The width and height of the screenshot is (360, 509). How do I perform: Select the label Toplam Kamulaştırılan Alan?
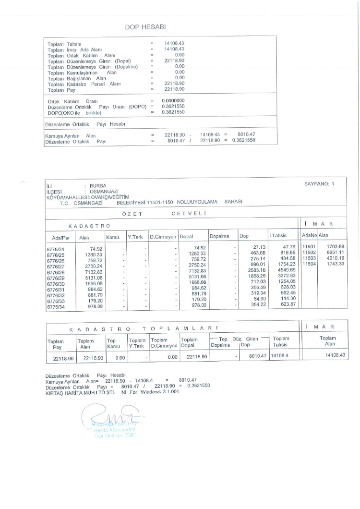(82, 73)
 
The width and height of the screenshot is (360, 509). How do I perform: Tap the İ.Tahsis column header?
(278, 236)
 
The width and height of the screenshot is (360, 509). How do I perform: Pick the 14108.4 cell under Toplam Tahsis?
(280, 357)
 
